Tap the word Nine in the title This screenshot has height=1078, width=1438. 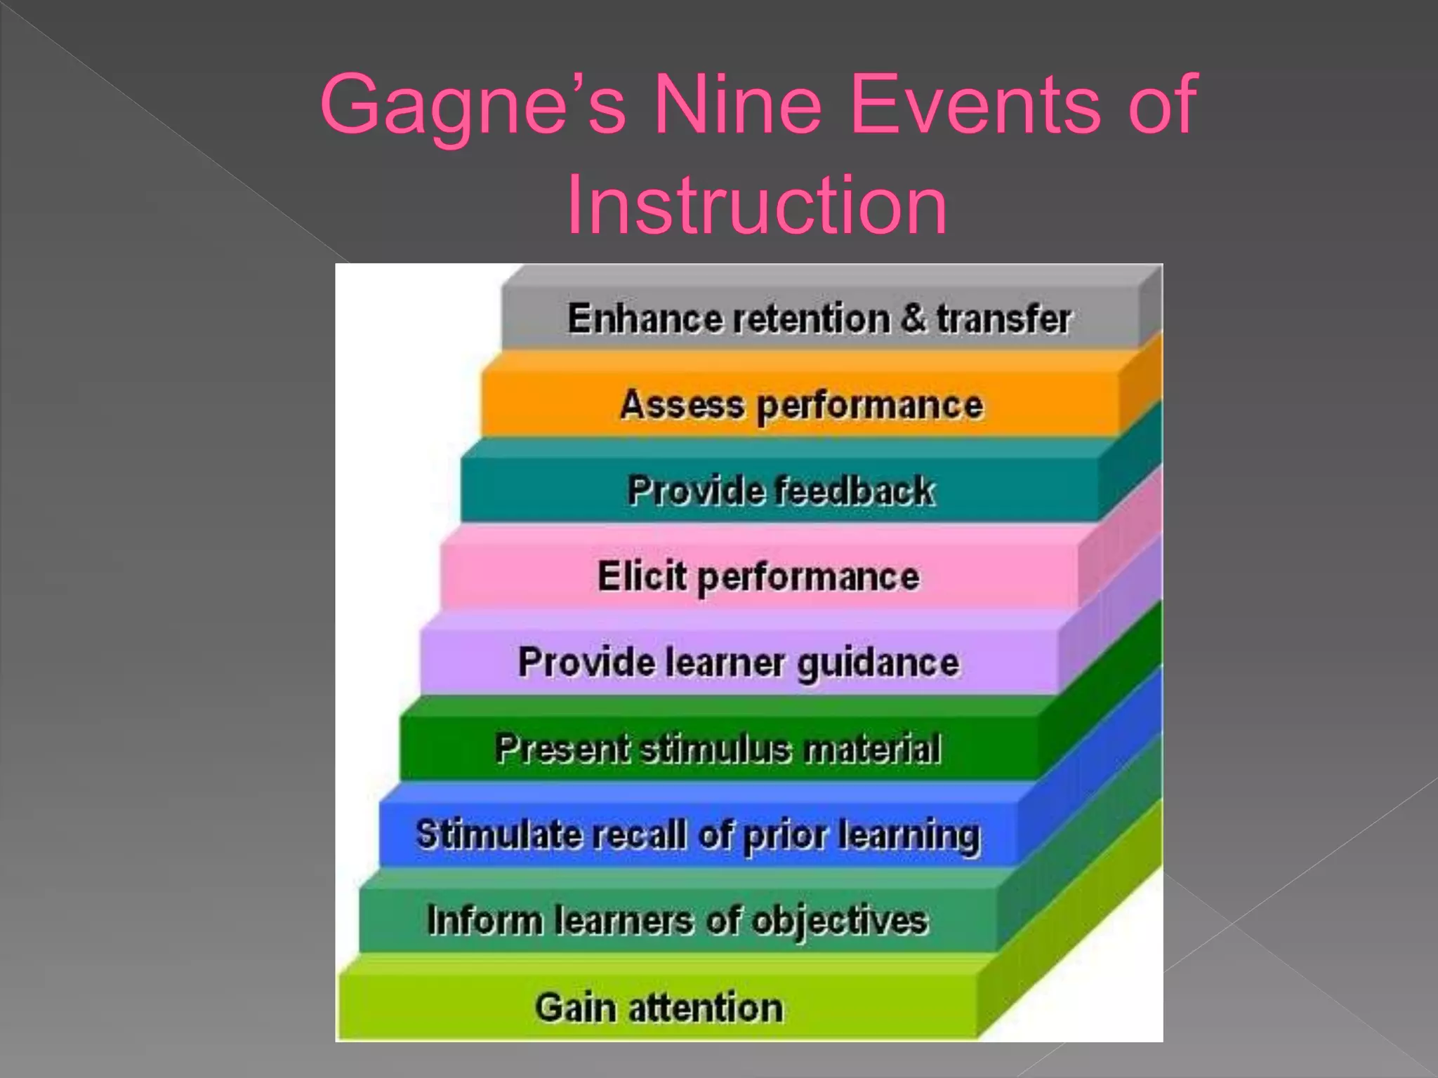click(x=737, y=105)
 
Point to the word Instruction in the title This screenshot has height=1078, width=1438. click(x=756, y=206)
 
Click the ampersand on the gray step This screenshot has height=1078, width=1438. click(x=913, y=317)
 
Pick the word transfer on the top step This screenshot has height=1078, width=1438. click(x=1003, y=319)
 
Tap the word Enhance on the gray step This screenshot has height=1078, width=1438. click(x=645, y=319)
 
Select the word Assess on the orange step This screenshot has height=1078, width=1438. click(x=682, y=405)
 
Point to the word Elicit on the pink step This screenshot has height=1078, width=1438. click(x=641, y=576)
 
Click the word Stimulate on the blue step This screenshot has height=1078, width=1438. click(x=499, y=834)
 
